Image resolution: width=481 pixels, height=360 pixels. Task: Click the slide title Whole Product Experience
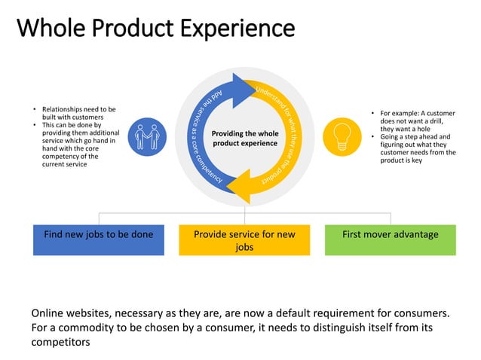tap(155, 29)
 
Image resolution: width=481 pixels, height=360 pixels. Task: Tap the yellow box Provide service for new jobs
tap(244, 240)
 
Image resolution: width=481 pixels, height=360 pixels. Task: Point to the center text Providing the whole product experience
tap(245, 138)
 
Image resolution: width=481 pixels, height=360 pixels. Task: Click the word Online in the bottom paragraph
tap(48, 313)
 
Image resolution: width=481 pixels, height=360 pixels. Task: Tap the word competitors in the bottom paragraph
tap(60, 342)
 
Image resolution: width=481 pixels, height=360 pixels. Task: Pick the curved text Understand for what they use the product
tap(290, 136)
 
